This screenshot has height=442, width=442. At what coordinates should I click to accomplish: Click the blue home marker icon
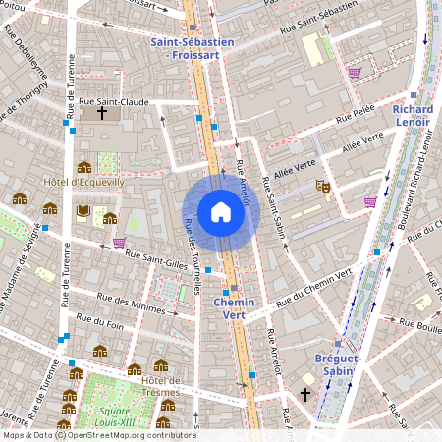coord(220,212)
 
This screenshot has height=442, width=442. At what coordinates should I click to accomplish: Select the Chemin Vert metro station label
coord(233,309)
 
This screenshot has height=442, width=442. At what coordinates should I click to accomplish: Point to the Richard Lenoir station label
coord(412,115)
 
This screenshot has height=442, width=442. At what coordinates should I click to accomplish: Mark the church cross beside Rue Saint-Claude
coord(101,113)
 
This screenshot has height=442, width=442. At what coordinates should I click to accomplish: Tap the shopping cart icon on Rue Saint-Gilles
coord(119,243)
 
